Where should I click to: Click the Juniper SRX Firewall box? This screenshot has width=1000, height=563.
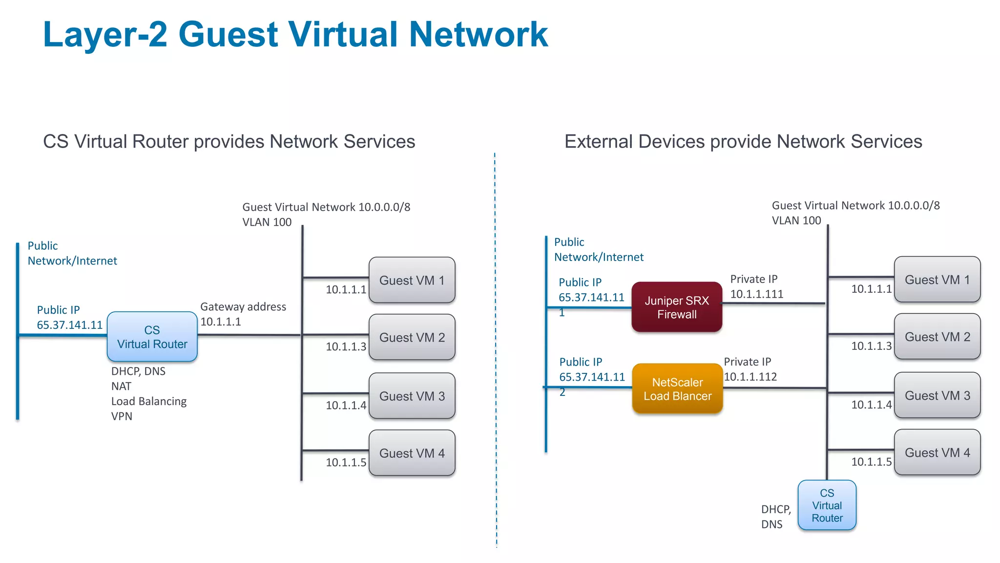coord(677,307)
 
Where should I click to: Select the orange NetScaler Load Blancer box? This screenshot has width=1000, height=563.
coord(677,389)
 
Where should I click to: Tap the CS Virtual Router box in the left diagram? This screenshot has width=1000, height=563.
coord(152,337)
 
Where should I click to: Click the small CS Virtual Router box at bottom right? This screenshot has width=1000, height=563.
coord(827,505)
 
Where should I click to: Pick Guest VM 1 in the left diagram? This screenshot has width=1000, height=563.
coord(412,280)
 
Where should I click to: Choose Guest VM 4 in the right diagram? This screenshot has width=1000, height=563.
coord(937,452)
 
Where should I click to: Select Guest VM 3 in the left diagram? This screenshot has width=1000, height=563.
coord(412,396)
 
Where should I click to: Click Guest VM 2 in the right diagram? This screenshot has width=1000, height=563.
coord(937,337)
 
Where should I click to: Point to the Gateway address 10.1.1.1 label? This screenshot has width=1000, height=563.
coord(243,314)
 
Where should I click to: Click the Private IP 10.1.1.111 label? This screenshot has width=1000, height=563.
coord(756,286)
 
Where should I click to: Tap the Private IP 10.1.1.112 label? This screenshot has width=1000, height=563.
coord(750,369)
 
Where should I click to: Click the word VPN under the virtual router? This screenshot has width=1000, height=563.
coord(122,416)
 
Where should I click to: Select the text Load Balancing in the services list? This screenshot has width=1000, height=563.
coord(149,401)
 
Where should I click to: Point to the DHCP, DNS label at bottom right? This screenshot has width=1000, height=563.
coord(775,517)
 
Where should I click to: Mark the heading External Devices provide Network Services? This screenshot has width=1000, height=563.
coord(743,142)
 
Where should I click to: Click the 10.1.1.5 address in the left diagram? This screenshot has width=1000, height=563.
coord(346,462)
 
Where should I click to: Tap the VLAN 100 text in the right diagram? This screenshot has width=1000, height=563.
coord(796,220)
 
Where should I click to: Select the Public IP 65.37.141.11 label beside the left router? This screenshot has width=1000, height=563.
coord(69,318)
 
